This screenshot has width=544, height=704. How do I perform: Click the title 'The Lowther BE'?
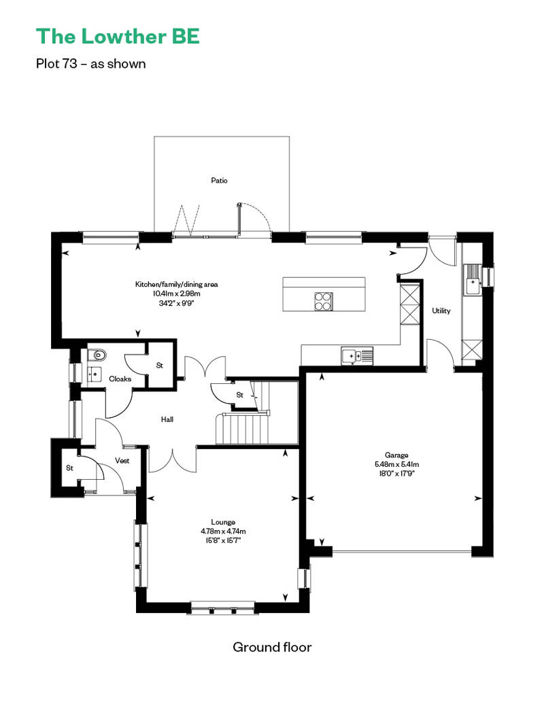click(x=118, y=37)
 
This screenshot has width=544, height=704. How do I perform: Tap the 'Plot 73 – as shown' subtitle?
click(x=90, y=64)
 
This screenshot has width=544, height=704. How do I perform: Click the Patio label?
click(x=219, y=181)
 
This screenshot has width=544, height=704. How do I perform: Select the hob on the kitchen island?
click(x=324, y=301)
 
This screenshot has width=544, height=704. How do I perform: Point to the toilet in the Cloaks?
click(x=97, y=355)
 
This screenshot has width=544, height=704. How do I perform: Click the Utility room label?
click(x=441, y=311)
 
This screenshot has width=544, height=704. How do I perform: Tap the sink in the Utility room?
click(x=473, y=280)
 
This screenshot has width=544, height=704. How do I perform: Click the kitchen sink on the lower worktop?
click(x=357, y=356)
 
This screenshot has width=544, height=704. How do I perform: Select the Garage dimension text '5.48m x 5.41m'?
click(x=396, y=464)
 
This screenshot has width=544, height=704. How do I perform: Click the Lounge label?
click(x=223, y=522)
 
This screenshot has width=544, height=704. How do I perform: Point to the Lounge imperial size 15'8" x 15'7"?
click(x=223, y=541)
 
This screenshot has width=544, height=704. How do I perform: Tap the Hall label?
click(x=167, y=419)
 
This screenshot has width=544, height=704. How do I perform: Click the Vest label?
click(x=122, y=461)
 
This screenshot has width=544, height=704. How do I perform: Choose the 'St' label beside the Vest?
click(x=69, y=468)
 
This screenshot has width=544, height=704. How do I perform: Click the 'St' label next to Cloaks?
click(x=160, y=366)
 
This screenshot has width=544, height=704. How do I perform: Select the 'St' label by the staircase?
click(x=240, y=395)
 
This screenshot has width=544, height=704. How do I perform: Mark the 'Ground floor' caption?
click(x=272, y=647)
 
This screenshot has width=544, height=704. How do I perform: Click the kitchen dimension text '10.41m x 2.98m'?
click(x=177, y=294)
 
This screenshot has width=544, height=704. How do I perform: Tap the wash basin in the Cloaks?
click(x=95, y=373)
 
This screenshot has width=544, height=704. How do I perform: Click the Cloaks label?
click(x=120, y=379)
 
